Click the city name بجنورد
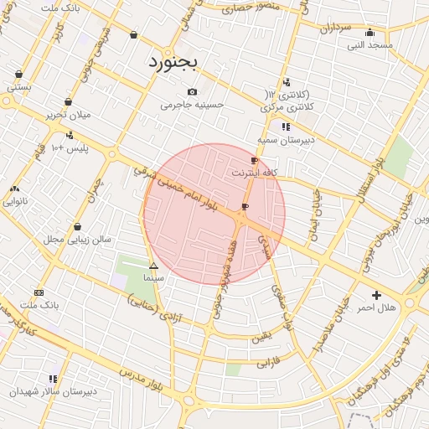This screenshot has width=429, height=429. tap(171, 63)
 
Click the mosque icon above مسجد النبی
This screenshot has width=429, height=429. tap(370, 33)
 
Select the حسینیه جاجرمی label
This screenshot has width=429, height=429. tap(193, 105)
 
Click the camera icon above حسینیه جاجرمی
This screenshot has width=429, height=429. tap(193, 91)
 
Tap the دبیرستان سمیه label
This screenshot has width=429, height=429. tap(286, 140)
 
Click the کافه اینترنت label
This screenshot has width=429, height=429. tap(256, 173)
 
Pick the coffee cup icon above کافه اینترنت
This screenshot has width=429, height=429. tap(255, 160)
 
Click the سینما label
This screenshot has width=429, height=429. tap(153, 277)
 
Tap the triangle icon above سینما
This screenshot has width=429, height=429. tap(152, 266)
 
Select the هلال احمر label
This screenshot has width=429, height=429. tap(375, 308)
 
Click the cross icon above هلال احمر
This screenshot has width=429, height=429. tap(376, 295)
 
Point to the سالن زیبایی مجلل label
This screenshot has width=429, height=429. tap(78, 239)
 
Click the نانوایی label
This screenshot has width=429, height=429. tap(15, 201)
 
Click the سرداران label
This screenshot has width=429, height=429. tap(334, 28)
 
